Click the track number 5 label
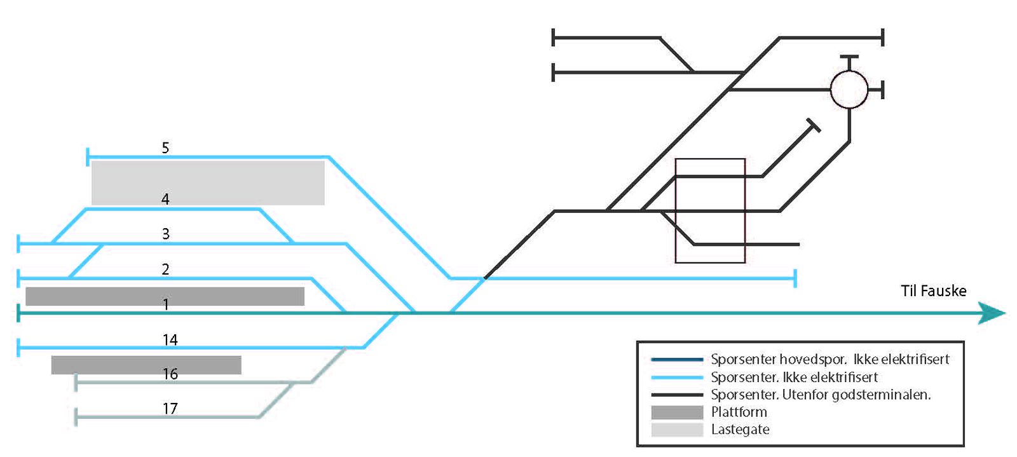[165, 148]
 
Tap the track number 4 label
[165, 199]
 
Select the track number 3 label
[166, 234]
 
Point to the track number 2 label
[165, 269]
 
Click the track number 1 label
[166, 304]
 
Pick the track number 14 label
[170, 340]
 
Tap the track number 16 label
[170, 374]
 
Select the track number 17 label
[170, 408]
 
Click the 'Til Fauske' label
[933, 291]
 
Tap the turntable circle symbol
[849, 90]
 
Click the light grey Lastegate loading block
[208, 182]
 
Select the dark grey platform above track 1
[165, 296]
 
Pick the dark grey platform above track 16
[146, 364]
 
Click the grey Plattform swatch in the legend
[677, 412]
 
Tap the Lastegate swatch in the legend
[677, 430]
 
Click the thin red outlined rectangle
[710, 210]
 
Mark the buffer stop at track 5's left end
[88, 156]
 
